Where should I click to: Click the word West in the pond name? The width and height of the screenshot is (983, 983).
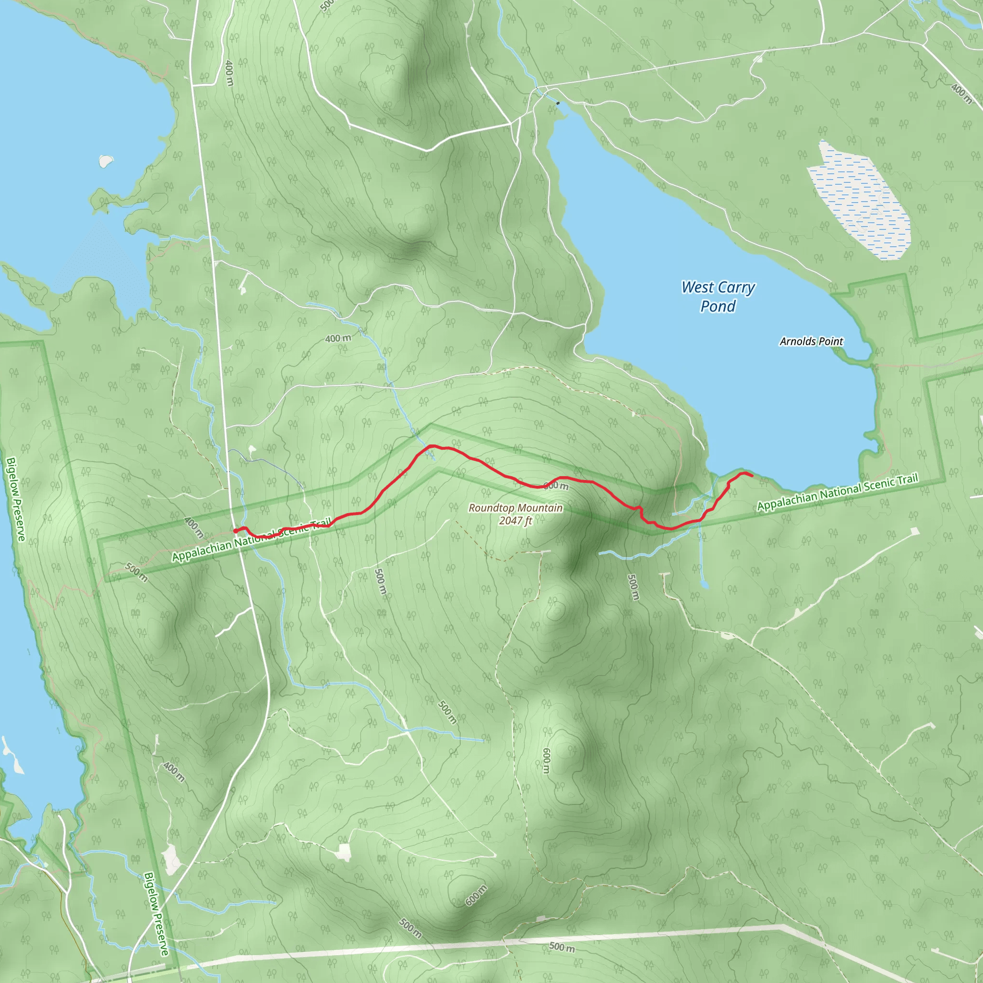click(697, 288)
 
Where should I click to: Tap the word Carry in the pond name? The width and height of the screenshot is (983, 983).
click(736, 288)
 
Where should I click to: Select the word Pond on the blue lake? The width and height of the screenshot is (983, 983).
click(718, 306)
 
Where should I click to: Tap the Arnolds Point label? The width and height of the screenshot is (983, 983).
click(811, 341)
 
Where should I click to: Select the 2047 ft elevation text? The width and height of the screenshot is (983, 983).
click(515, 520)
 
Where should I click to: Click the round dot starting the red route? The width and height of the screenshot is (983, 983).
click(236, 531)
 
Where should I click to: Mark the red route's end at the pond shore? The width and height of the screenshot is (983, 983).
click(752, 476)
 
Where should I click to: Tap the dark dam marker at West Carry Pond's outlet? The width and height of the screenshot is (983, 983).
click(558, 103)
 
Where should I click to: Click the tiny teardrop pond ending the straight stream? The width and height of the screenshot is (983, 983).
click(704, 584)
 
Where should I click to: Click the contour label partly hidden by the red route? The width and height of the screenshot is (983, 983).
click(556, 486)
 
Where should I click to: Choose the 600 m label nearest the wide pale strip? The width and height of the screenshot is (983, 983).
click(476, 895)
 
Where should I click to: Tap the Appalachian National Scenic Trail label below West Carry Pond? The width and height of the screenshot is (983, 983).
click(838, 491)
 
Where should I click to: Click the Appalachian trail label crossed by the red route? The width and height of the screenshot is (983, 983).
click(252, 540)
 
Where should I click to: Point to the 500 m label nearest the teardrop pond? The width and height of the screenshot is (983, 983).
click(633, 587)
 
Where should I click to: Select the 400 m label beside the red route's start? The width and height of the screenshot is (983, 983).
click(193, 527)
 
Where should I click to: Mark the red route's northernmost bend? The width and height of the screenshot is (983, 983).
click(432, 446)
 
